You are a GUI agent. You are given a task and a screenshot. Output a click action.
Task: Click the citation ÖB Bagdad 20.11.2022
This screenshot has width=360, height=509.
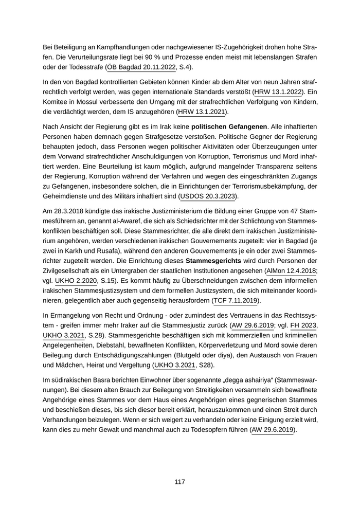(139, 67)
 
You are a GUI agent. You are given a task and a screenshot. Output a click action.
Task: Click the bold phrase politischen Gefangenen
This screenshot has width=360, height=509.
(229, 126)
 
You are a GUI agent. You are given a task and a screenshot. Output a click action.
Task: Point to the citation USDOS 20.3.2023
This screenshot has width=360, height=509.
(208, 196)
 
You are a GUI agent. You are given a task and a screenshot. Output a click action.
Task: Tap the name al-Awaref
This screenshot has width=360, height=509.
(125, 221)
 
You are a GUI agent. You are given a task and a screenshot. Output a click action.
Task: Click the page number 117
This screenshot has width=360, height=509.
(179, 482)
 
